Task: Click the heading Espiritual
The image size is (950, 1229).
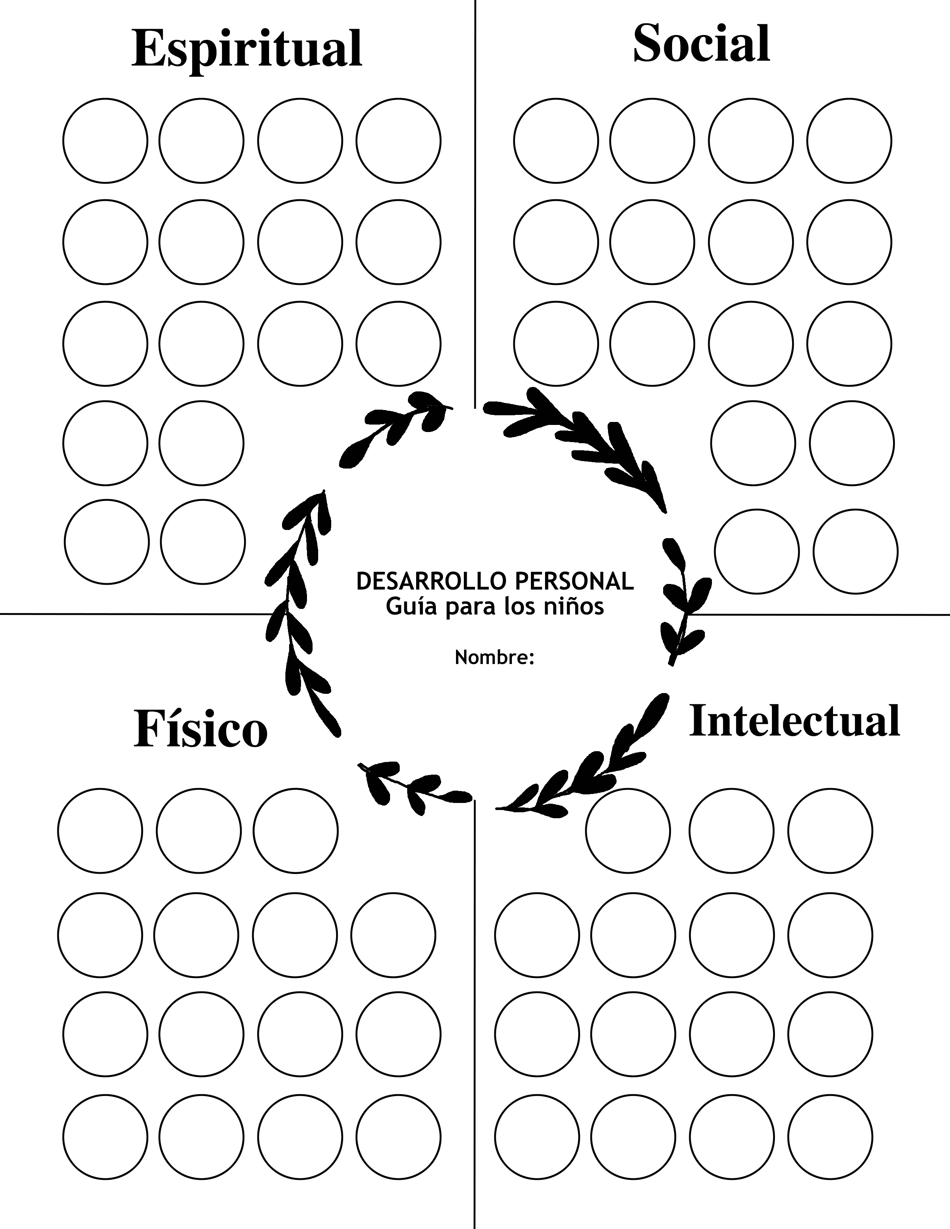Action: [x=247, y=50]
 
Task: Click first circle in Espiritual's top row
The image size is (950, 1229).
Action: [x=105, y=141]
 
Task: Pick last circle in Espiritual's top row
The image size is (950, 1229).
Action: [x=399, y=141]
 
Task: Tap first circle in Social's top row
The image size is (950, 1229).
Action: [x=556, y=141]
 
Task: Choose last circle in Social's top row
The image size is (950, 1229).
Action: [x=849, y=141]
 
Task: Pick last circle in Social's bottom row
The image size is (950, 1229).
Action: [x=855, y=552]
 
